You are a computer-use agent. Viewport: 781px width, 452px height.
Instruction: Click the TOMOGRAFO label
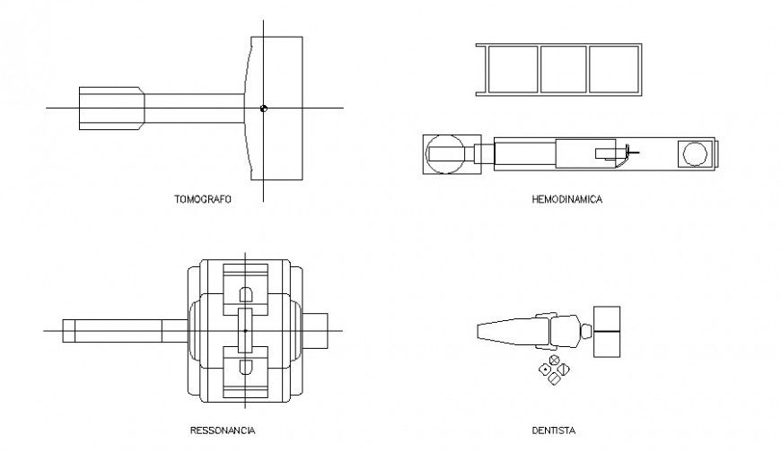click(x=202, y=200)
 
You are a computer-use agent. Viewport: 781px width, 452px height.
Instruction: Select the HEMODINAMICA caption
click(x=566, y=200)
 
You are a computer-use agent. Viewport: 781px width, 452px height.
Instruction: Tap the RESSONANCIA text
click(x=228, y=430)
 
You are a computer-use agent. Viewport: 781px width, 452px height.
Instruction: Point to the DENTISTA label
click(x=553, y=430)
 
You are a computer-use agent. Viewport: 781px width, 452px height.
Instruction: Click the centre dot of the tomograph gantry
click(x=263, y=109)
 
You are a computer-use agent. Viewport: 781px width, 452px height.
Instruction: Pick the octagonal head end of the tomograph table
click(x=111, y=109)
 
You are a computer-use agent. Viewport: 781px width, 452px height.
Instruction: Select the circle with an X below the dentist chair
click(x=555, y=361)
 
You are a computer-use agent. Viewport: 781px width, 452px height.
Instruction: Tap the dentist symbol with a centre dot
click(x=544, y=369)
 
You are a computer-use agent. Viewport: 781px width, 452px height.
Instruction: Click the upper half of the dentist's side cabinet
click(x=607, y=318)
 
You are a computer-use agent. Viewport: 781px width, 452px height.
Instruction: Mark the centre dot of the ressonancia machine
click(x=245, y=331)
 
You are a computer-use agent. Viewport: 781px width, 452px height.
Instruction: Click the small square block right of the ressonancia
click(x=321, y=331)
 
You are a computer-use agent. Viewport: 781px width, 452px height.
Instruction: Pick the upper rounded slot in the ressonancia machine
click(x=245, y=293)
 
